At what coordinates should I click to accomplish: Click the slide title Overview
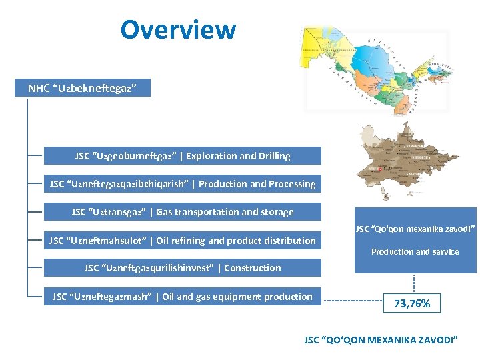(x=178, y=29)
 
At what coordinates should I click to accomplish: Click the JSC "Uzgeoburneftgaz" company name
(x=126, y=156)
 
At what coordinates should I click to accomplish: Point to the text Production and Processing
(x=257, y=184)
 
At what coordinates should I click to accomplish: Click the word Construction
(x=253, y=268)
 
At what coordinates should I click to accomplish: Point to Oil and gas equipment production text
(x=237, y=297)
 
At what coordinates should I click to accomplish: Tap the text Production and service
(x=415, y=252)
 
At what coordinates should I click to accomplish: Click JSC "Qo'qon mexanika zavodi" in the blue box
(x=415, y=229)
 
